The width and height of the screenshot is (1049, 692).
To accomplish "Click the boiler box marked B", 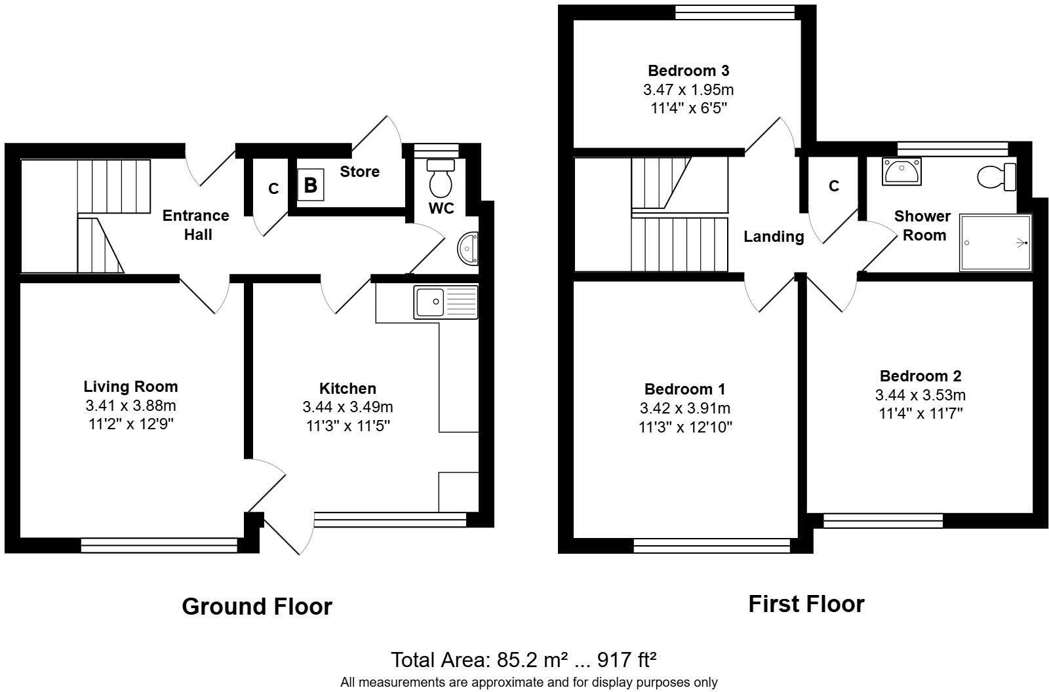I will tap(311, 185).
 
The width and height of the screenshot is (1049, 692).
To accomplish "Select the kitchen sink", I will tap(446, 302).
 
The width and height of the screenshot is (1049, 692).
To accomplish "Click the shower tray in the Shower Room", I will tap(995, 242).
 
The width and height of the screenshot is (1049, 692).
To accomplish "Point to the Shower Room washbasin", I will tap(901, 171).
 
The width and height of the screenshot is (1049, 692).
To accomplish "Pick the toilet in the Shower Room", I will tap(997, 176).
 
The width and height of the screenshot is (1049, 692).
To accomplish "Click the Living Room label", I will tap(130, 386).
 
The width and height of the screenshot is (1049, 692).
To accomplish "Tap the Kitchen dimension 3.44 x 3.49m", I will tap(347, 407).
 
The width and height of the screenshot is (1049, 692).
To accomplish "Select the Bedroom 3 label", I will tap(688, 70).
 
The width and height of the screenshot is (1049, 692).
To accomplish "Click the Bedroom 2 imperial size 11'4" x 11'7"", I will tap(920, 413).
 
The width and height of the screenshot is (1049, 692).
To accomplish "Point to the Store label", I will tap(359, 172).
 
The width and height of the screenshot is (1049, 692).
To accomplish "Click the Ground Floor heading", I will tap(257, 606).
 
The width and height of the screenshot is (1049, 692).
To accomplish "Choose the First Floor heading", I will tap(806, 604).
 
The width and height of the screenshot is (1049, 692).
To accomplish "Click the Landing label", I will tap(774, 237).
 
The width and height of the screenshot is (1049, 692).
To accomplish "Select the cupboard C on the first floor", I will tap(833, 186).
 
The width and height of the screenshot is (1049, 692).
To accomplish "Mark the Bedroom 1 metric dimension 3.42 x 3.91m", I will tap(685, 408).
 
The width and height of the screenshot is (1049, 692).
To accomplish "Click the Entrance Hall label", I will tap(196, 225).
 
